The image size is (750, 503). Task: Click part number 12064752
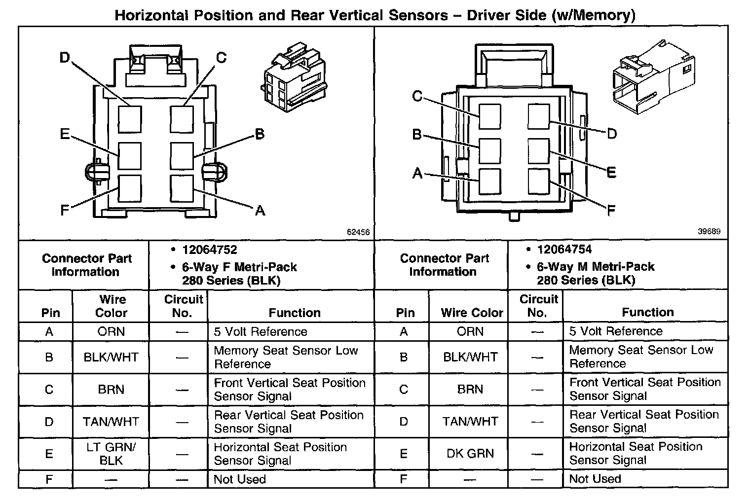pyautogui.click(x=209, y=250)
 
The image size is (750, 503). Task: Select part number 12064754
pyautogui.click(x=564, y=250)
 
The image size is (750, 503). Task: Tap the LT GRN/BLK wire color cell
pyautogui.click(x=111, y=454)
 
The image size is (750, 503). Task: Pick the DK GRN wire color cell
pyautogui.click(x=470, y=454)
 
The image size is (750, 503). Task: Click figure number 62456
pyautogui.click(x=358, y=232)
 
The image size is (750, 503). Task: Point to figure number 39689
pyautogui.click(x=709, y=232)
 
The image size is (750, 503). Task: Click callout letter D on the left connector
pyautogui.click(x=65, y=58)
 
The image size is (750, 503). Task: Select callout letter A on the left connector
pyautogui.click(x=260, y=211)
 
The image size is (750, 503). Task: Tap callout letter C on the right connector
pyautogui.click(x=417, y=96)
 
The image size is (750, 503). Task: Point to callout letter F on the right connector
pyautogui.click(x=611, y=211)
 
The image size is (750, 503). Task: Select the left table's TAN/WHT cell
pyautogui.click(x=111, y=422)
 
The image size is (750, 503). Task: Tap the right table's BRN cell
pyautogui.click(x=470, y=390)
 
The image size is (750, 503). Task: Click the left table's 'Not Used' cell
pyautogui.click(x=240, y=479)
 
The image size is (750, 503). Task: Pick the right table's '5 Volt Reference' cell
pyautogui.click(x=616, y=331)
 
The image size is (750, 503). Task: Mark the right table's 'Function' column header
pyautogui.click(x=647, y=312)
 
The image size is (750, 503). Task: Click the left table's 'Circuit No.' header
pyautogui.click(x=183, y=306)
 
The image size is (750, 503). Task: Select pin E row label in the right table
pyautogui.click(x=404, y=454)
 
